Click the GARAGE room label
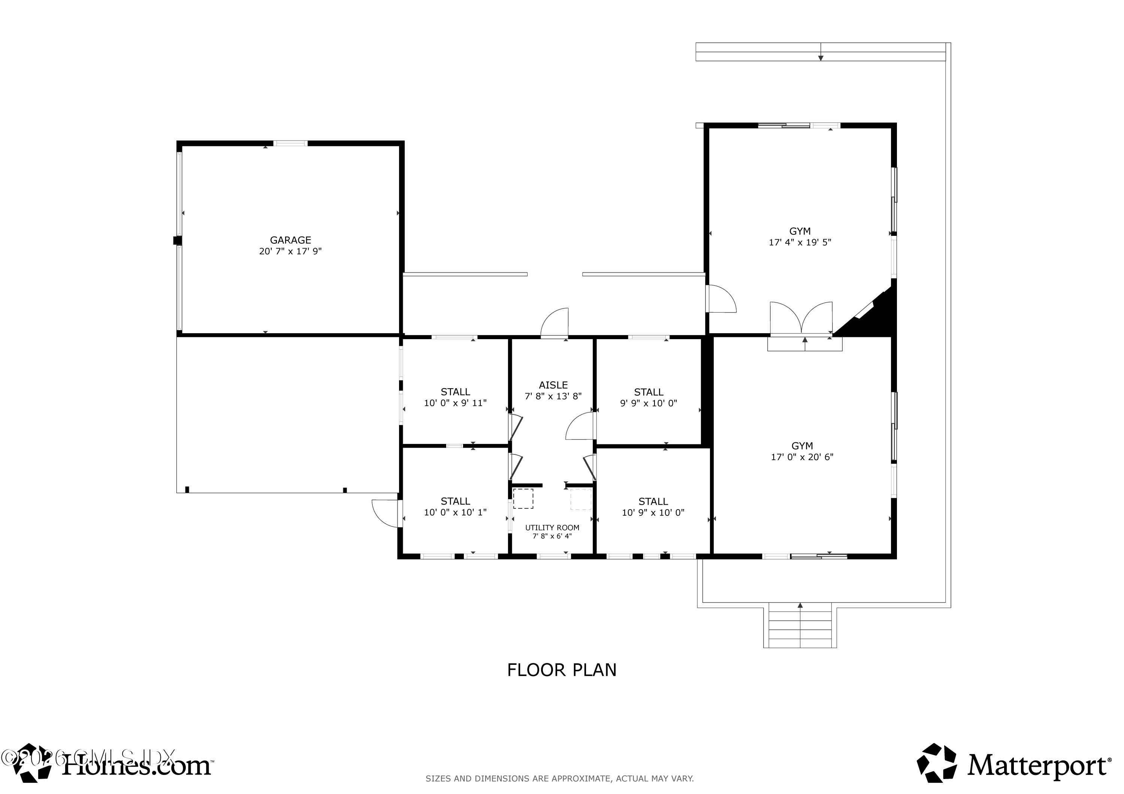[x=290, y=240]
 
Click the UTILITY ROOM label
[x=552, y=528]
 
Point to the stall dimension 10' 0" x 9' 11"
[x=455, y=403]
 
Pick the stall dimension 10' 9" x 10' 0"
[x=653, y=513]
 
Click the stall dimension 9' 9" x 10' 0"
[x=649, y=404]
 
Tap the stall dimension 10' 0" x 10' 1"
[x=455, y=513]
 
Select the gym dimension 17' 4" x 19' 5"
[x=800, y=242]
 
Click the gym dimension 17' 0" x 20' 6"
[x=802, y=457]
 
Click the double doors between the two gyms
[x=801, y=319]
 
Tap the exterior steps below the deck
[x=800, y=629]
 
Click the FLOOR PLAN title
[x=562, y=670]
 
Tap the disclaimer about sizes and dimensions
[x=559, y=779]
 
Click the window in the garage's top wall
[x=290, y=143]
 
